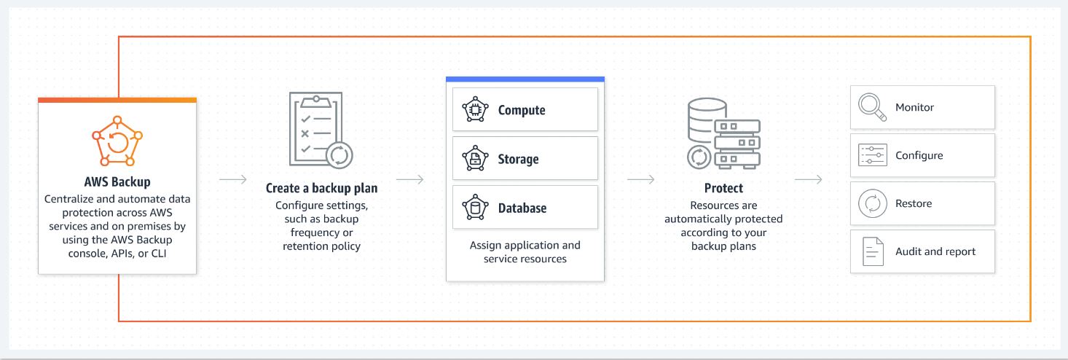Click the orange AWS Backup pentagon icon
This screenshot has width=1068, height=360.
coord(117,139)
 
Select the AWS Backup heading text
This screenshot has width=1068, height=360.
coord(117,181)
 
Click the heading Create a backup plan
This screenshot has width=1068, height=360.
coord(321,188)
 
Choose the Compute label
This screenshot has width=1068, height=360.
coord(522,110)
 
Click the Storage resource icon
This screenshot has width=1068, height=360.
coord(476,158)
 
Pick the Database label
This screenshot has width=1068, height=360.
coord(522,208)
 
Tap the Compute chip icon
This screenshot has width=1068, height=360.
coord(476,110)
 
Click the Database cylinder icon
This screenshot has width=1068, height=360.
coord(476,208)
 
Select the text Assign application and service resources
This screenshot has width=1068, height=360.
coord(525,252)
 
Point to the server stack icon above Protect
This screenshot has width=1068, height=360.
coord(723,133)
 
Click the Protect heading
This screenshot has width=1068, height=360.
coord(723,188)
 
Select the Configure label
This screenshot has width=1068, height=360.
coord(919,155)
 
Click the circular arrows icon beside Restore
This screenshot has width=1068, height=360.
coord(872,203)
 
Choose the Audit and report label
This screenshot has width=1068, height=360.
coord(935,251)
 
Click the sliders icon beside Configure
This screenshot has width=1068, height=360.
coord(872,155)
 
